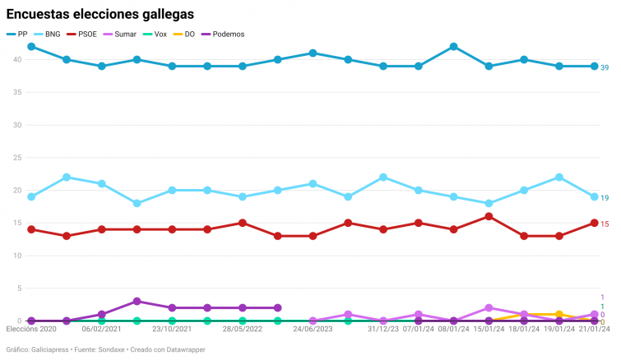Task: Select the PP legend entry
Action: pos(17,34)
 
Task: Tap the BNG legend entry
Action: pos(47,34)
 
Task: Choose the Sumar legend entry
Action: pos(119,34)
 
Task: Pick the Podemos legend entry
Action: pos(222,34)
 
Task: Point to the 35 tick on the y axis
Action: pos(17,92)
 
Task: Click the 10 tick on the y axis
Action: pos(17,256)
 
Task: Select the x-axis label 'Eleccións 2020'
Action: pos(31,330)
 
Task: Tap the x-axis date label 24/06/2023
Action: pos(313,330)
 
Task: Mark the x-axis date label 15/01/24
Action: pos(489,330)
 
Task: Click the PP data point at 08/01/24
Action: pos(453,47)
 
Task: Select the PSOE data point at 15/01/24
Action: pos(489,216)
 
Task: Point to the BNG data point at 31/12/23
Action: pos(383,178)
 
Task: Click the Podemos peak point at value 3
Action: pos(137,302)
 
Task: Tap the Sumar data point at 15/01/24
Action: pos(489,308)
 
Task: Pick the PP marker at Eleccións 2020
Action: pos(31,47)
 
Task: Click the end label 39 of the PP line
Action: pos(605,67)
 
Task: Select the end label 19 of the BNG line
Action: pos(605,197)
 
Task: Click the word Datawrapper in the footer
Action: pos(182,350)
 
